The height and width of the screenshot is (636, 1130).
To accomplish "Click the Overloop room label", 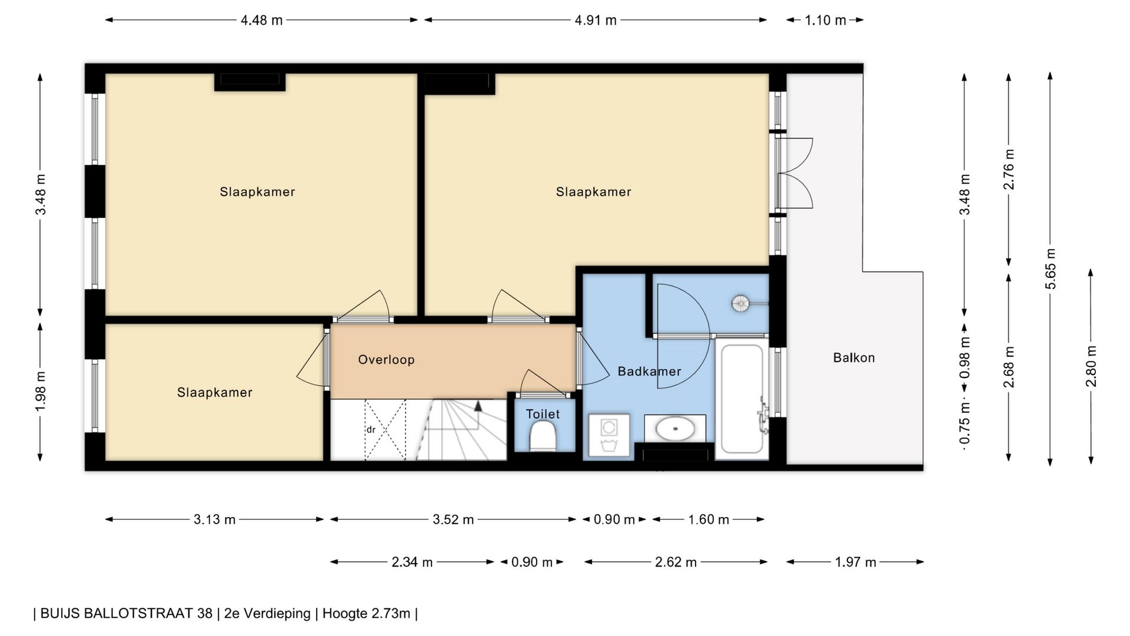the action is tap(386, 360).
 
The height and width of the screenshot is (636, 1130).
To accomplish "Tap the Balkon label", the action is tap(854, 358).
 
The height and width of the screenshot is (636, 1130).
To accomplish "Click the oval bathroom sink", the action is tap(675, 428).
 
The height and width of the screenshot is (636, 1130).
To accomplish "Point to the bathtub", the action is tap(742, 399).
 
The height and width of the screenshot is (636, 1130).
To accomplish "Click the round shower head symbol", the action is tap(740, 304).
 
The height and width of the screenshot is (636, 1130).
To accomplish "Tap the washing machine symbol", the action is tap(609, 436).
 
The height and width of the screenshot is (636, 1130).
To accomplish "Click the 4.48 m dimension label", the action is tap(261, 21).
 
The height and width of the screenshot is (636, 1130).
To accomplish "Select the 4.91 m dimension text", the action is tap(596, 21).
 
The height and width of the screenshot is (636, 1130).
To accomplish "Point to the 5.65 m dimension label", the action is tap(1051, 269).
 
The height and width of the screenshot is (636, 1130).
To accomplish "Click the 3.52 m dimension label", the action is tap(453, 519).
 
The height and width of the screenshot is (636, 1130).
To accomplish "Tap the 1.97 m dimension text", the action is tap(855, 562).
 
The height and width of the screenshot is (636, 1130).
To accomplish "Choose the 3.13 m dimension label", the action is tap(214, 519).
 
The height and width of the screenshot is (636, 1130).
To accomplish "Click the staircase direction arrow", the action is tap(478, 406).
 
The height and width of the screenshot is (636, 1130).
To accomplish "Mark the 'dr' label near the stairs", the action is tap(371, 430).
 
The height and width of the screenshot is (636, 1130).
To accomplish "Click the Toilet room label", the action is tap(543, 414).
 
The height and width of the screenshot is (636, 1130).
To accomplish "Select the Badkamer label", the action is tap(649, 372).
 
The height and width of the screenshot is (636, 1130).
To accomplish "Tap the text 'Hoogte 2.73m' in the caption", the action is tap(366, 614).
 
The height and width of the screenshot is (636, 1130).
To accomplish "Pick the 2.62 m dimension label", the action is tap(676, 562).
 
